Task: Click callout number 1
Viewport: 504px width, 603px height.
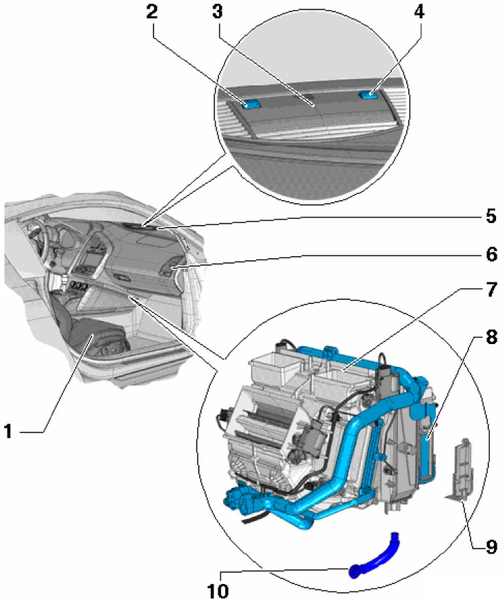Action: [x=8, y=431]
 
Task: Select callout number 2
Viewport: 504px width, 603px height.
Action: [x=152, y=11]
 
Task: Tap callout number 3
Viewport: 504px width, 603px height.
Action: [x=217, y=11]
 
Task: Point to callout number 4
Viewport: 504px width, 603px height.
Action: [x=419, y=11]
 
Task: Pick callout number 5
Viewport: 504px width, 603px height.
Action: [x=491, y=216]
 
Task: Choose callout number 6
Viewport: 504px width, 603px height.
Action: [x=491, y=254]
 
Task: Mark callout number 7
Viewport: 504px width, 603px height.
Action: [x=491, y=290]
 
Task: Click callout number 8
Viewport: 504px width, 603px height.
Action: [x=491, y=337]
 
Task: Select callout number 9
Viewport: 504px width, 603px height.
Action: [x=491, y=547]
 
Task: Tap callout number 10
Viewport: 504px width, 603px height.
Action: [x=218, y=591]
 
